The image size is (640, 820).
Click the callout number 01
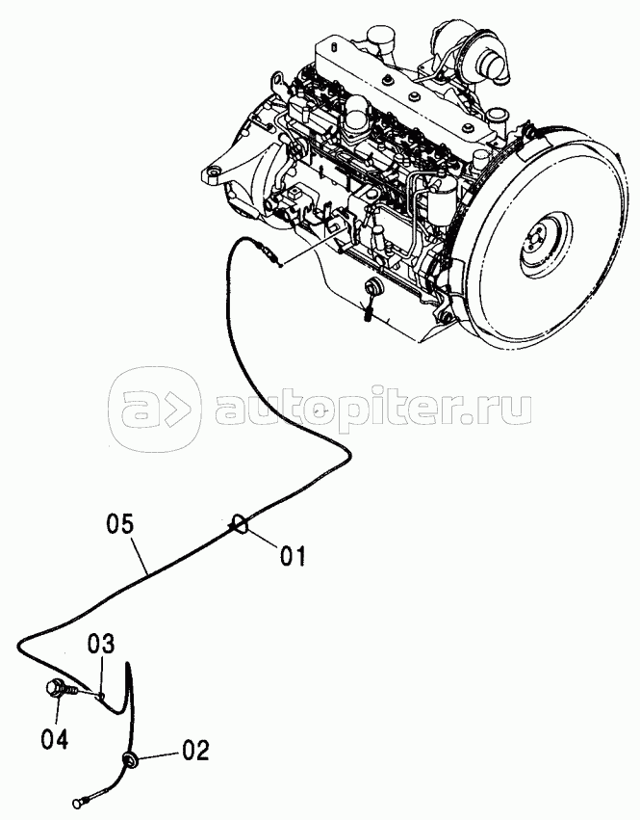[x=292, y=556]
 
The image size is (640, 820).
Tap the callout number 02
[x=195, y=751]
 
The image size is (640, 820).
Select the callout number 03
[x=100, y=645]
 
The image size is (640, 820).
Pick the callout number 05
[x=120, y=524]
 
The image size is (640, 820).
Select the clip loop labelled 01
[x=240, y=524]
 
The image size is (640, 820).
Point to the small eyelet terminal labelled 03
[x=101, y=695]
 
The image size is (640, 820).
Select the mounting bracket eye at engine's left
[x=213, y=172]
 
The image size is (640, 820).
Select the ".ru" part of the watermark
[x=497, y=410]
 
